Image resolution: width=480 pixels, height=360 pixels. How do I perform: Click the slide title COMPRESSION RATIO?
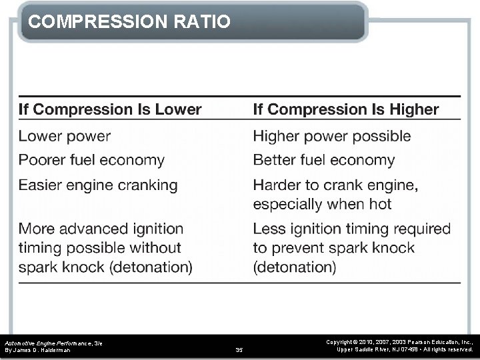[130, 22]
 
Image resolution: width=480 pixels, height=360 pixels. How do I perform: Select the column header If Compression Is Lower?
[109, 109]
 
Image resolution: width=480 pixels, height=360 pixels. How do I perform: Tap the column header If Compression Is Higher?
[345, 109]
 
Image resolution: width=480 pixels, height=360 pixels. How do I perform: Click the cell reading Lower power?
[65, 137]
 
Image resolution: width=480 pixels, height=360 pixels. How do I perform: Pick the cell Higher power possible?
[332, 137]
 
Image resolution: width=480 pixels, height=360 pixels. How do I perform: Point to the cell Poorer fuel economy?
[91, 160]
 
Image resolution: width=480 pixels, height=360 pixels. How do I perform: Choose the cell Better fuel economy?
[324, 160]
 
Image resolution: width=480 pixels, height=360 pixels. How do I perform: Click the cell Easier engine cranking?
[98, 185]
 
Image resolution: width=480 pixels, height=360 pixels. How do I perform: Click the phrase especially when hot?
[322, 204]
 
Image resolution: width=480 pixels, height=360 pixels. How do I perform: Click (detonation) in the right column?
[295, 267]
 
